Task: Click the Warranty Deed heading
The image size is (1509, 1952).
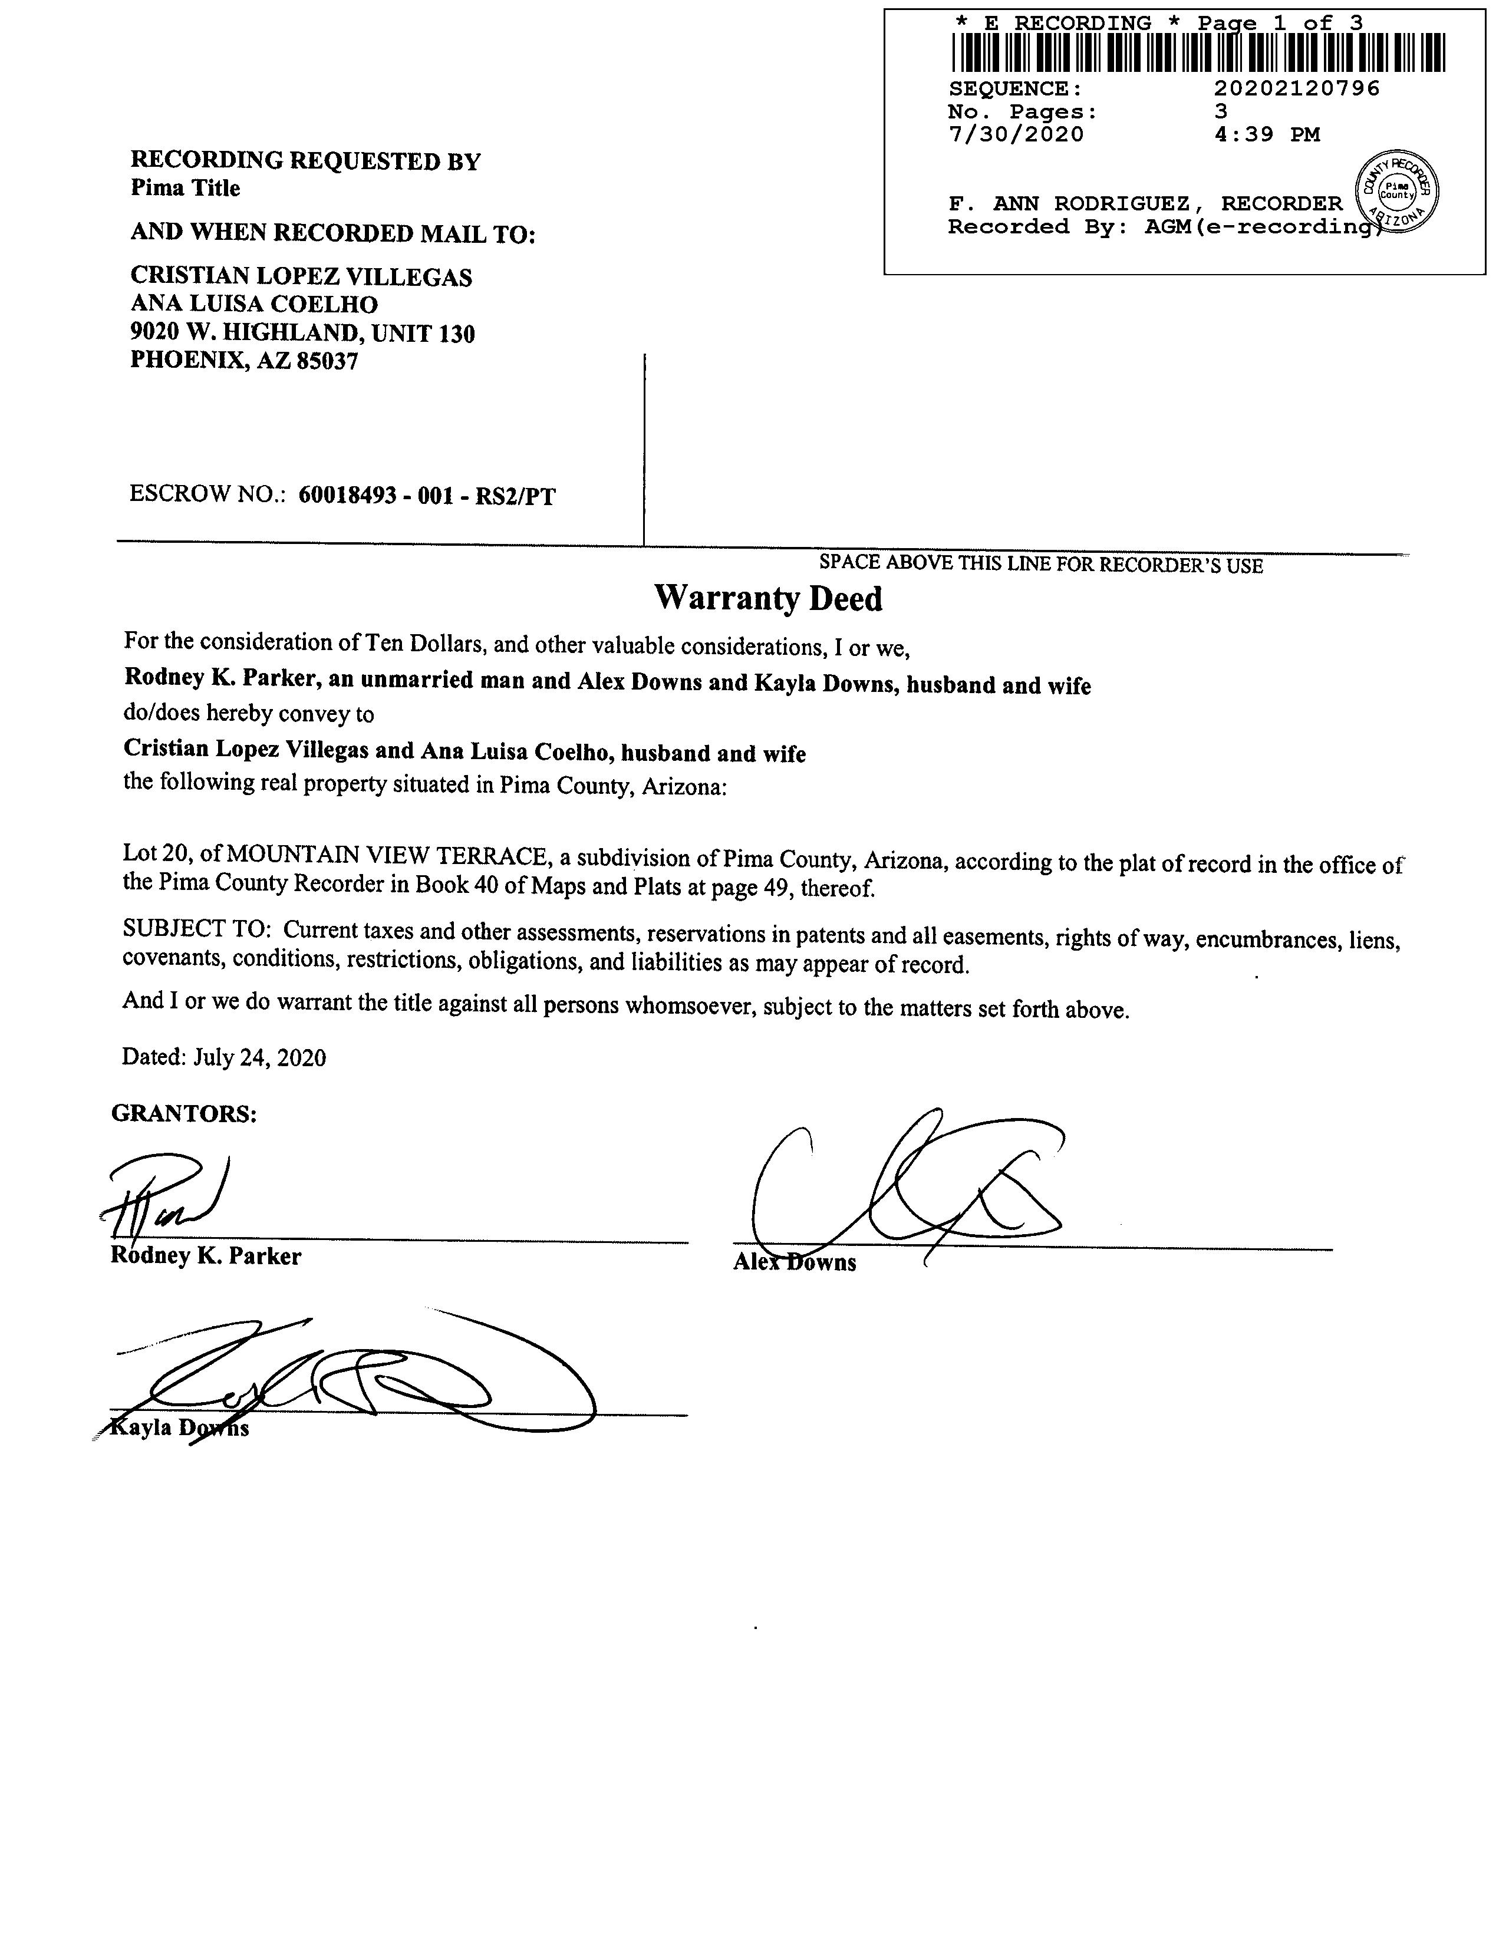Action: (x=768, y=598)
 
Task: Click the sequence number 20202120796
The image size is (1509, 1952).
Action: (x=1296, y=88)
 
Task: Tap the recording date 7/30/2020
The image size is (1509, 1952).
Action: (x=1016, y=135)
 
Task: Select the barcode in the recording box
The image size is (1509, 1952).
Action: (x=1198, y=52)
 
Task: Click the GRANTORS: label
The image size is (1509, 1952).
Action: (x=183, y=1114)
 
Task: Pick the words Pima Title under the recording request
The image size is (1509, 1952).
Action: (x=185, y=187)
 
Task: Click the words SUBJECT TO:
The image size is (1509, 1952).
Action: (x=197, y=929)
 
